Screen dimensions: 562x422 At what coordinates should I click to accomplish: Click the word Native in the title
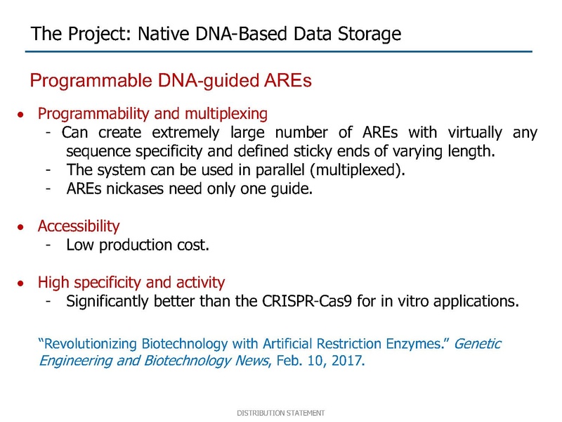164,33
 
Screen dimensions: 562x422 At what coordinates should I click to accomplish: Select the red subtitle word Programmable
91,81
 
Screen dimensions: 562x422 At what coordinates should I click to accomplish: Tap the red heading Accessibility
79,226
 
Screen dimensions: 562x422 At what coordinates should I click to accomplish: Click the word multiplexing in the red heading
226,114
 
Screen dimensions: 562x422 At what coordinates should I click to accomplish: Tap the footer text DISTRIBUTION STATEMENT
280,413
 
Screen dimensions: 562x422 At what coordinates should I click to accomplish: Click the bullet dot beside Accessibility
21,227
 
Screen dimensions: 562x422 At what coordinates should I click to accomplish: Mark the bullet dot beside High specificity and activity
21,283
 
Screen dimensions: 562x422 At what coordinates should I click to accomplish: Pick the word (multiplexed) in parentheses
358,170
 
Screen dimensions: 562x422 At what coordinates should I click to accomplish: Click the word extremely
185,133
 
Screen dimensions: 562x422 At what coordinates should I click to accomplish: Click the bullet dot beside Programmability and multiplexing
21,115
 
